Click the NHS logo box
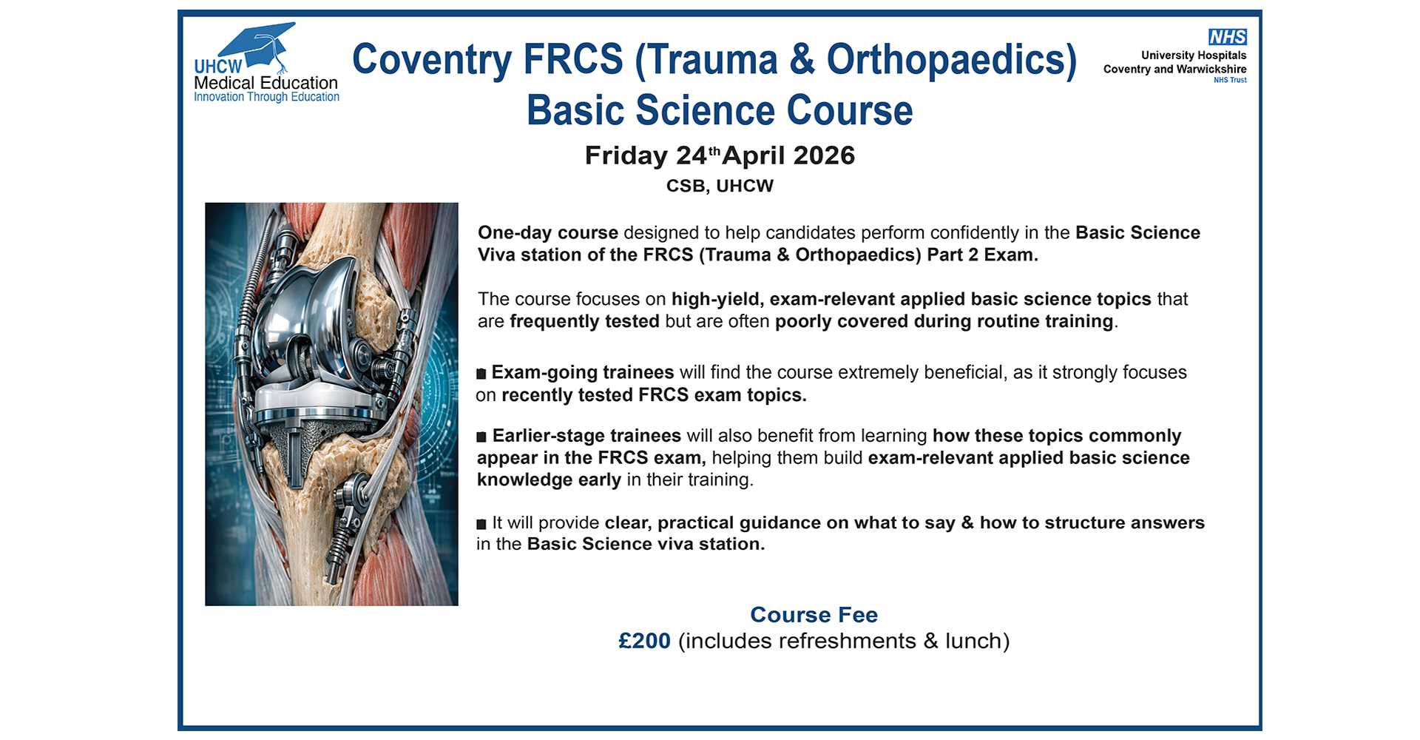click(1227, 37)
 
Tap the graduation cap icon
click(258, 46)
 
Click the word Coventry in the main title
click(432, 60)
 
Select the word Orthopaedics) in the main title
click(952, 60)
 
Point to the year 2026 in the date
click(824, 155)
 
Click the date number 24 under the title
click(692, 155)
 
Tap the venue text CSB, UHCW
click(720, 186)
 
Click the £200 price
click(644, 641)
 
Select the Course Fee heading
click(814, 615)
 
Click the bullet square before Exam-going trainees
click(481, 374)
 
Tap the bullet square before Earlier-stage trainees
click(481, 437)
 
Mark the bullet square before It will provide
click(481, 524)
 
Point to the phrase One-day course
click(548, 233)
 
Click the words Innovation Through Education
click(266, 97)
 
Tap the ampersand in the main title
click(802, 60)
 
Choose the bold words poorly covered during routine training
click(944, 322)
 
